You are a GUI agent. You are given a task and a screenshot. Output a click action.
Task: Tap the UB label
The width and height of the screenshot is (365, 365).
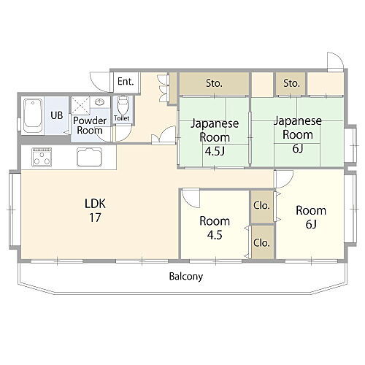[56, 115]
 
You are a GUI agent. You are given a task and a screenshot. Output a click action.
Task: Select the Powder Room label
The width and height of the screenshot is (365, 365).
[89, 125]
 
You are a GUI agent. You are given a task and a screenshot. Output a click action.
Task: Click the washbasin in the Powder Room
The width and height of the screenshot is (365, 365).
[99, 103]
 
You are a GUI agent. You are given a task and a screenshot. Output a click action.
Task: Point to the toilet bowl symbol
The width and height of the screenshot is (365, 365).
[122, 103]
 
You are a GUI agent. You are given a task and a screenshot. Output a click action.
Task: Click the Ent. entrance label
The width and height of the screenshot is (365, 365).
[126, 81]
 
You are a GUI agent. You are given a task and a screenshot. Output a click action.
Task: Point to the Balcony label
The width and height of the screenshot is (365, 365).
[185, 277]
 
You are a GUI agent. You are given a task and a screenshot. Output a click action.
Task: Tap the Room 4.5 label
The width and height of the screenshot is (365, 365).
[215, 227]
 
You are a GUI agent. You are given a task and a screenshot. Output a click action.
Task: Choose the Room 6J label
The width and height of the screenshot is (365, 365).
[310, 217]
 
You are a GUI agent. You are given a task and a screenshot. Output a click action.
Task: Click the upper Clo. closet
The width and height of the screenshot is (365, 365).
[261, 205]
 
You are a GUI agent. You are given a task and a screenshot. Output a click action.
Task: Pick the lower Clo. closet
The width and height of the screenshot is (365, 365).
[261, 241]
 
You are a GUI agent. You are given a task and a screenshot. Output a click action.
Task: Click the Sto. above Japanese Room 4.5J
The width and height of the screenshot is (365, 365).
[213, 83]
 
